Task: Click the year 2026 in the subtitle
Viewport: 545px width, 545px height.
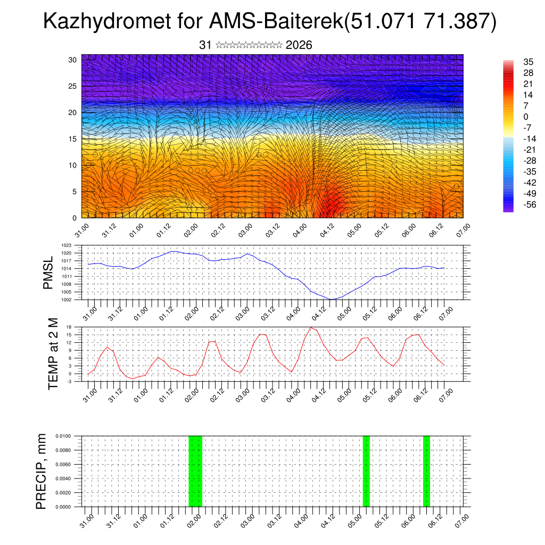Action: (x=299, y=46)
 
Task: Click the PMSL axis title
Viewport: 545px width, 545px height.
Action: (x=48, y=272)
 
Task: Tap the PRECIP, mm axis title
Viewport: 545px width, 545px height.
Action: (x=41, y=471)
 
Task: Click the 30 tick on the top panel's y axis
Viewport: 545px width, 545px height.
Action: (x=72, y=60)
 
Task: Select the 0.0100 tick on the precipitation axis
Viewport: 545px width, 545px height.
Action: (x=69, y=436)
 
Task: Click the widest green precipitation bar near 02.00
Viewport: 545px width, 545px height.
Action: (x=195, y=471)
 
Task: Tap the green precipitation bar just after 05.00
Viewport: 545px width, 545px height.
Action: (x=366, y=471)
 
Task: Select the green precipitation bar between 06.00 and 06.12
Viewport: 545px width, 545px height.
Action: (x=426, y=471)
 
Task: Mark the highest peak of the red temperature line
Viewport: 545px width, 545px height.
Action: (x=311, y=327)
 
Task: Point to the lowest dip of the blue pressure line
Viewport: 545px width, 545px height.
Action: (x=331, y=299)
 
